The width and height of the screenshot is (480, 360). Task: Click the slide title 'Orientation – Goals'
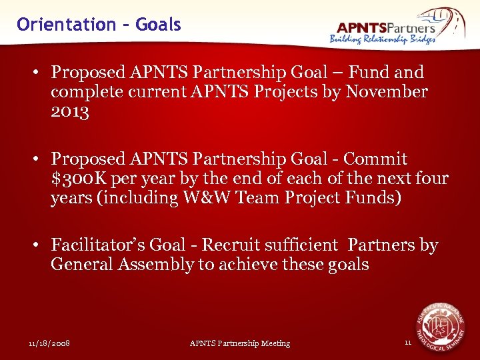99,25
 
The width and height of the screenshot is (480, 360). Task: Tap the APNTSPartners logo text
386,27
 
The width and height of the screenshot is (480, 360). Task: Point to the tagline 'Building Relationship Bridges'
383,39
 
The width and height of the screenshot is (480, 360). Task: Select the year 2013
69,112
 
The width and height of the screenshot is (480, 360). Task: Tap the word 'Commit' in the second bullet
376,159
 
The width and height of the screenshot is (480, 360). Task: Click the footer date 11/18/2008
49,343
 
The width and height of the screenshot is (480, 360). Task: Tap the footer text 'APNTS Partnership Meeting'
240,343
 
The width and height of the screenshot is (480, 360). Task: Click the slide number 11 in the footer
408,343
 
